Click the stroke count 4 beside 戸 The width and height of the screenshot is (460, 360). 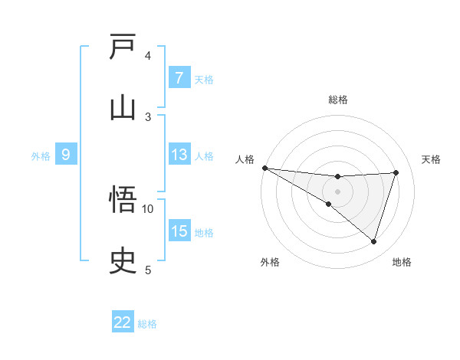tap(148, 55)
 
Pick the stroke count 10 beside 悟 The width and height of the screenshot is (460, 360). tap(148, 208)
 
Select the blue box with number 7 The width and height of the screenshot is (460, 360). tap(179, 78)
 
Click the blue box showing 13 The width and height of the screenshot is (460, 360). tap(179, 155)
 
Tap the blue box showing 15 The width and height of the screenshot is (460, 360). tap(179, 231)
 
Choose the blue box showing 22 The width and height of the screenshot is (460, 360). tap(123, 322)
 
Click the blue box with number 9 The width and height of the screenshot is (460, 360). tap(66, 155)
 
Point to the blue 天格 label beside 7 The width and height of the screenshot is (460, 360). tap(204, 79)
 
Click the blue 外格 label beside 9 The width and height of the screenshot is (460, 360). tap(41, 155)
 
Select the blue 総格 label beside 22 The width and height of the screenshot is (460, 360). tap(147, 323)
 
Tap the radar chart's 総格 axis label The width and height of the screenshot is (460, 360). tap(338, 100)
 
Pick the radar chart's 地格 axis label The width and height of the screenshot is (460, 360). tap(402, 262)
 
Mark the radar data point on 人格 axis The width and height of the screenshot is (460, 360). tap(264, 168)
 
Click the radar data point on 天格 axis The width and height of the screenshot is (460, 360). tap(396, 172)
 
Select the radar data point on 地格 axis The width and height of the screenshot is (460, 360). tap(374, 242)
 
